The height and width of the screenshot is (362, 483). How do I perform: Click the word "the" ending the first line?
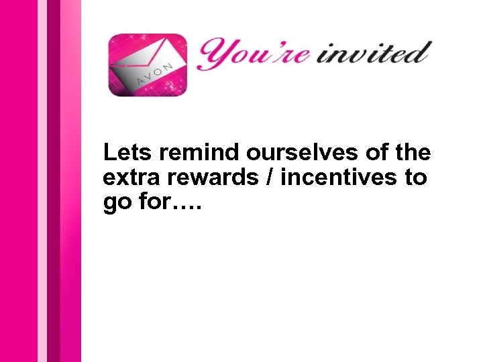[x=413, y=153]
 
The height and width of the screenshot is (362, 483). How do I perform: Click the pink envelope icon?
[x=148, y=65]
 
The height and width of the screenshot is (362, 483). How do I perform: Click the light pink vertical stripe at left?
[x=42, y=181]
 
